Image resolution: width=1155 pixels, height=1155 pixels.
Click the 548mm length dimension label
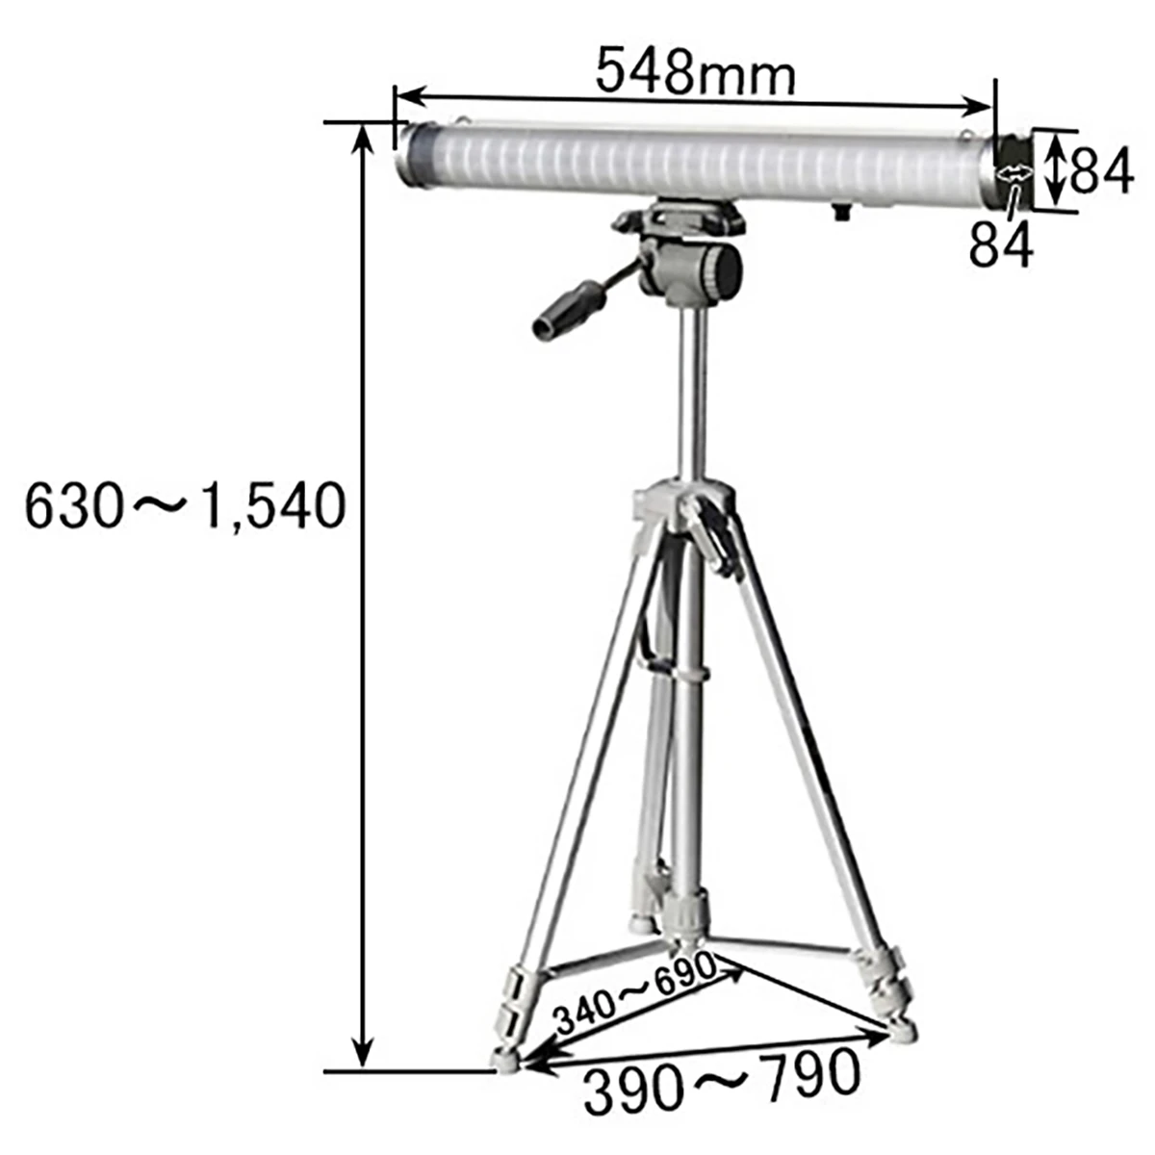[695, 72]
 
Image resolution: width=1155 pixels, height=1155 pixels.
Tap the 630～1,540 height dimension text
[185, 507]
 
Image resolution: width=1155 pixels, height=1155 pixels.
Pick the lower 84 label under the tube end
[1001, 243]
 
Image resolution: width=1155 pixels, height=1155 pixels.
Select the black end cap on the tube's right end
[1012, 170]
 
